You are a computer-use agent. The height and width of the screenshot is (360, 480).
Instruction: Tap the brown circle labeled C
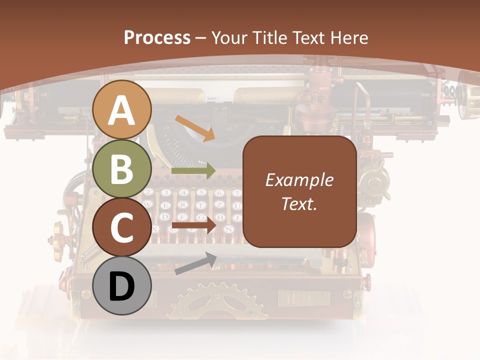122,227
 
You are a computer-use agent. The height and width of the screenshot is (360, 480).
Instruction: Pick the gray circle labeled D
122,286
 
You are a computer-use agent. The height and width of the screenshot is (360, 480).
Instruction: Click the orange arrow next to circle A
194,127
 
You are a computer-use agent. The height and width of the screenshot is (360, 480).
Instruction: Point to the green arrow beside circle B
193,170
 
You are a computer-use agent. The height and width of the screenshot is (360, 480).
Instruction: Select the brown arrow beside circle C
193,226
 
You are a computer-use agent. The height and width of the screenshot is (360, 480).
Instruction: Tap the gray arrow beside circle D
195,263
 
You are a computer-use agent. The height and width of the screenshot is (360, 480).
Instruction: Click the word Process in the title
157,37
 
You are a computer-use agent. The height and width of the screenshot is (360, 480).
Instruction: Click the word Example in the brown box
299,180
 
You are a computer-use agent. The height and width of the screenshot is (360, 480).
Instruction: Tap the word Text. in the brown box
299,203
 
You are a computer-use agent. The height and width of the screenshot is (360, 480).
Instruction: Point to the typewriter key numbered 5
201,192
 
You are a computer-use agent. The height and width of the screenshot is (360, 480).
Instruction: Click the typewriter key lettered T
201,205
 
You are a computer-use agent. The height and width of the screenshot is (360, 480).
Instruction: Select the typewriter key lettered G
201,217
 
